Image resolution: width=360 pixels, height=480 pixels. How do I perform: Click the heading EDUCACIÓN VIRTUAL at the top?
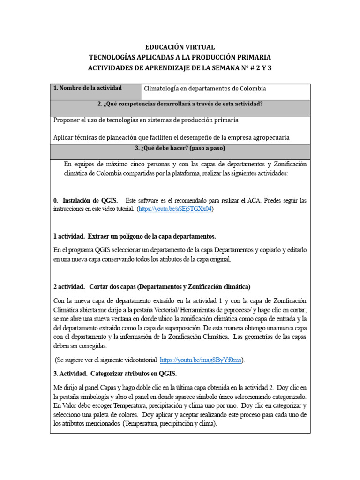click(180, 47)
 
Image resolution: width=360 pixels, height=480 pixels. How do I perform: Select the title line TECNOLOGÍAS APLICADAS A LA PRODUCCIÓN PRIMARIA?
click(180, 58)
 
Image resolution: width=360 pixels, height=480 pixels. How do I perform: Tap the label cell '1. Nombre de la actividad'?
click(88, 88)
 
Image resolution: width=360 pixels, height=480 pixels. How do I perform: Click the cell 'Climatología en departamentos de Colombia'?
click(205, 89)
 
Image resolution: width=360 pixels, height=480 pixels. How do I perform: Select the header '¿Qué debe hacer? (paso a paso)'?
click(180, 149)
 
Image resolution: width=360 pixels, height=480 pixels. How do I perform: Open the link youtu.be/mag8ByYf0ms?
click(201, 360)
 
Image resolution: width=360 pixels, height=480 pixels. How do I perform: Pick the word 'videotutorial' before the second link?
click(136, 360)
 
